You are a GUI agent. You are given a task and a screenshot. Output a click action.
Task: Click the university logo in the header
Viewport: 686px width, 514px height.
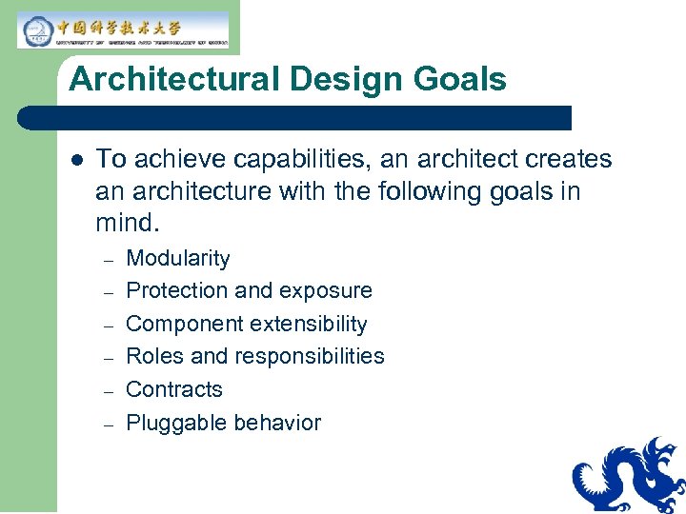(x=123, y=30)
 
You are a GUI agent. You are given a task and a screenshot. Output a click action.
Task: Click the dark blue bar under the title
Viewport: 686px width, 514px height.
(x=295, y=117)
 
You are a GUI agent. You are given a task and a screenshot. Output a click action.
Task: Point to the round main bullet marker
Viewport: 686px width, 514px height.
(x=76, y=160)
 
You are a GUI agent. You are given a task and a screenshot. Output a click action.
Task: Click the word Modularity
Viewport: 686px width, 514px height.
(x=178, y=259)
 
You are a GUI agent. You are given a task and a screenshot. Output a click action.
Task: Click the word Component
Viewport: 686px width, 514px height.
(x=178, y=325)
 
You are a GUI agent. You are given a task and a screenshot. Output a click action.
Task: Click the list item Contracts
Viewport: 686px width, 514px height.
(x=174, y=390)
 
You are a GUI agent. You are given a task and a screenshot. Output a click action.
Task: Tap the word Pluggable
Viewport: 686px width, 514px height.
(x=172, y=424)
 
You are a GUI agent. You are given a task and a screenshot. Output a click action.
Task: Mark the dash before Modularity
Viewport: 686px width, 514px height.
(x=109, y=260)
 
